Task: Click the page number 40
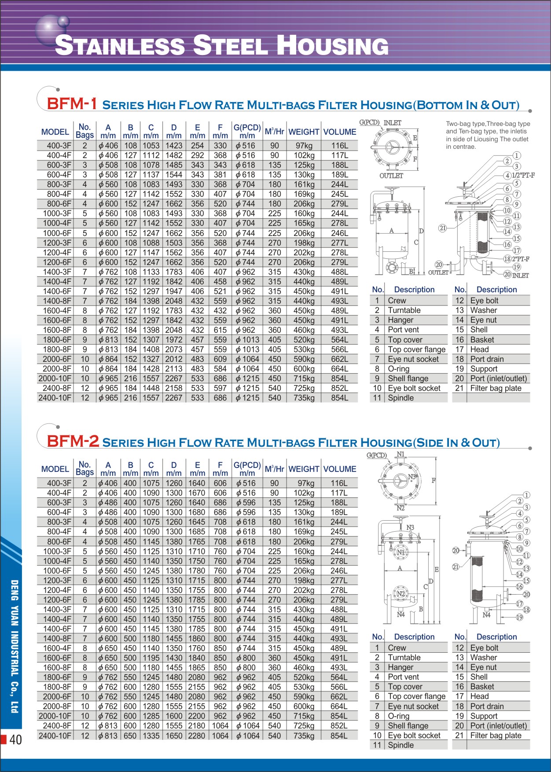pos(15,740)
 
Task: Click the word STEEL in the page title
pos(230,46)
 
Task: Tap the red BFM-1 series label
pos(72,104)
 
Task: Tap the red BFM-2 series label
pos(73,441)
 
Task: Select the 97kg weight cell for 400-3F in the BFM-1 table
pos(304,146)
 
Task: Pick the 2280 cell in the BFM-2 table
pos(197,735)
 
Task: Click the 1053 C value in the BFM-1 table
pos(151,146)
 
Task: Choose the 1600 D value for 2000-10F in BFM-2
pos(174,716)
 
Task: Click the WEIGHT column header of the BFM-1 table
pos(304,132)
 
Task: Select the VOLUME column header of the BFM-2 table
pos(339,469)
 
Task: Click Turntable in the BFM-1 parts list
pos(404,310)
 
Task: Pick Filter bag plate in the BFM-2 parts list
pos(496,735)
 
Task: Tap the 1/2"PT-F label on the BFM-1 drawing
pos(523,175)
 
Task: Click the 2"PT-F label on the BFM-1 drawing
pos(520,259)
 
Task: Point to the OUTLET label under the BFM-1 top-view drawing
pos(391,176)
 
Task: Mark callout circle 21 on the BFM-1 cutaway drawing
pos(442,228)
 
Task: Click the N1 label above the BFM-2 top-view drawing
pos(400,454)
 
